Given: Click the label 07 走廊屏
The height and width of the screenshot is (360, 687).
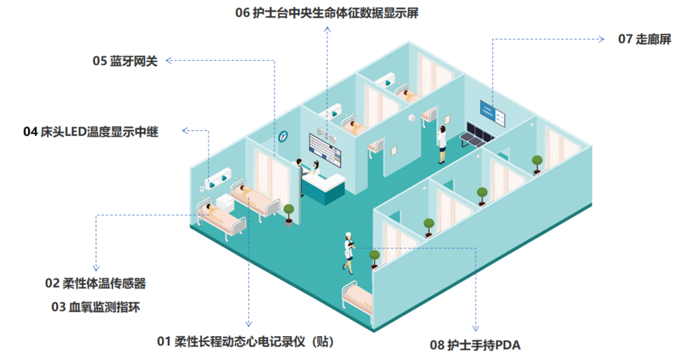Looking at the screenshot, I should click(x=644, y=39).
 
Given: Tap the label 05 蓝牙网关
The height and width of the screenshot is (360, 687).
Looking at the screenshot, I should click(x=125, y=61).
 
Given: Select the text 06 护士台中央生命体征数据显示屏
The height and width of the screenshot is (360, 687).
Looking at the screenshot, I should click(x=327, y=13).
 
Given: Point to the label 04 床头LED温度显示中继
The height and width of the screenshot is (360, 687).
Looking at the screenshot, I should click(x=91, y=131).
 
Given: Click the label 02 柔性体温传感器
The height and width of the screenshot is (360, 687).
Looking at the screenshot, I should click(x=96, y=283).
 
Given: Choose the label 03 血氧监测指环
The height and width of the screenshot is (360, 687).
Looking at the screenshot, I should click(x=96, y=307).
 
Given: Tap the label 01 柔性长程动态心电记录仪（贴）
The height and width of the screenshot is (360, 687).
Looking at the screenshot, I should click(x=246, y=341).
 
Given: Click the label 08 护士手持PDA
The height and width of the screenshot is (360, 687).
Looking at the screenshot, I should click(x=475, y=345).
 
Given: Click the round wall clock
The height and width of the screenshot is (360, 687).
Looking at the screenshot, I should click(x=282, y=137).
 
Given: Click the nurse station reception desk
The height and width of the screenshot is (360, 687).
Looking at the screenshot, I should click(x=323, y=188).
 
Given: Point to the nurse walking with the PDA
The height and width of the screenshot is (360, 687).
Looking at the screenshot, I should click(x=349, y=252).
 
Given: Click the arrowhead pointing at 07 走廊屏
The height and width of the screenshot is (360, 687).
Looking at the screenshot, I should click(x=603, y=39).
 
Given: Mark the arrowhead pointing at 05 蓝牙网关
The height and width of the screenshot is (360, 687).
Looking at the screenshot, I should click(x=168, y=61).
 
